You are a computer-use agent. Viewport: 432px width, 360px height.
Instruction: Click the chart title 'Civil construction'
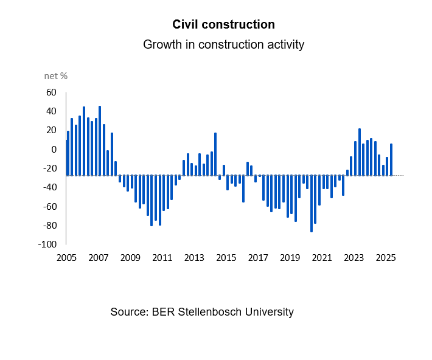pos(223,25)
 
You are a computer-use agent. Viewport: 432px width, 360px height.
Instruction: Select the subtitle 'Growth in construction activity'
pos(223,45)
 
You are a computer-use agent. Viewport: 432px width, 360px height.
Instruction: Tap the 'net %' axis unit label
pos(56,76)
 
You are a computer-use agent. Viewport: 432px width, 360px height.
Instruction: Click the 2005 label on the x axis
pos(66,257)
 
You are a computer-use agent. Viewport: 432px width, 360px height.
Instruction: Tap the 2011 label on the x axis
pos(162,257)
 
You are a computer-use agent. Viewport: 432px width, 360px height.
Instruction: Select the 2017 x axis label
pos(258,257)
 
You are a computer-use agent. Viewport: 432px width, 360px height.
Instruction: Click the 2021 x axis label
pos(322,257)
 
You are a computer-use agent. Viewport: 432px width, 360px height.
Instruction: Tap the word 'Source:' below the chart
pos(129,312)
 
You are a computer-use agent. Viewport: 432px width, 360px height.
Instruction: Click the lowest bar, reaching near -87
pos(312,204)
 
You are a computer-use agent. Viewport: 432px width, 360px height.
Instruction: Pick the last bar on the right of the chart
pos(391,159)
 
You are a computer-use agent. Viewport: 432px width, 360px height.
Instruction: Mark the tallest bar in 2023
pos(360,152)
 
